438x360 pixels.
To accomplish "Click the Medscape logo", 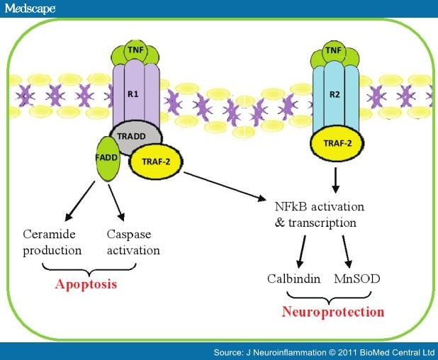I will click(30, 8).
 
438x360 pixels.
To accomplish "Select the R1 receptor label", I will click(133, 92).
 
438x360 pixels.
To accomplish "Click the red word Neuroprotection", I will click(333, 312).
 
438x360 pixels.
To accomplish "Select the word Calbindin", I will click(291, 279).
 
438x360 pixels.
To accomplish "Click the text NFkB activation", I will click(318, 207).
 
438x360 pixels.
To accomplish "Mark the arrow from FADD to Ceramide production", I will click(80, 201).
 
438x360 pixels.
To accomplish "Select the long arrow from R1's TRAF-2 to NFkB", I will click(223, 186).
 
